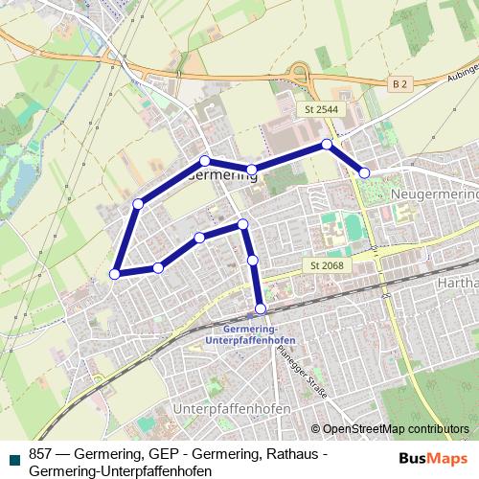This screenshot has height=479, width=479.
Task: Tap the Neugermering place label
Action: coord(434,193)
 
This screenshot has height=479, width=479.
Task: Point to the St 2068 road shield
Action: coord(327,264)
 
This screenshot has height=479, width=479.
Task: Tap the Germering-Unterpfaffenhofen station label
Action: coord(251,334)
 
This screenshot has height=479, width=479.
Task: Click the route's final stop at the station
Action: coord(261,308)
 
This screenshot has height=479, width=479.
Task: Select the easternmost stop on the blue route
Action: coord(364,172)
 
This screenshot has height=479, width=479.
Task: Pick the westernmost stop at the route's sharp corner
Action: coord(115,274)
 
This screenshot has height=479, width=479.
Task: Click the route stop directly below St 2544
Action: coord(327,144)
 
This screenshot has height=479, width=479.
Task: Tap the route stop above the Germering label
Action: coord(204,160)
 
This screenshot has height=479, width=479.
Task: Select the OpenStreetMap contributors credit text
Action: coord(394,430)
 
